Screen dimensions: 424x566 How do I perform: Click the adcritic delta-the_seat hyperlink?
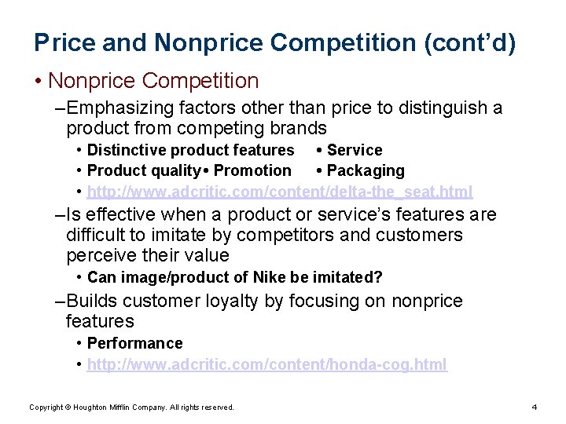coord(280,192)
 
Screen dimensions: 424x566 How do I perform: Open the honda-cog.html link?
coord(266,364)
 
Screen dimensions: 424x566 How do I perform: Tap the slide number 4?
coord(534,407)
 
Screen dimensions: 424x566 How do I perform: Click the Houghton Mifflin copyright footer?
coord(131,407)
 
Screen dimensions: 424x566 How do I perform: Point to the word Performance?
coord(134,343)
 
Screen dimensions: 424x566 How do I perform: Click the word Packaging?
coord(366,170)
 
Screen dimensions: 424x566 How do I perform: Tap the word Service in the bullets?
coord(355,150)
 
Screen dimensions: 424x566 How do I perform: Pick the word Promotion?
coord(252,170)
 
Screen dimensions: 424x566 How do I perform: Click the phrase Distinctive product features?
coord(190,150)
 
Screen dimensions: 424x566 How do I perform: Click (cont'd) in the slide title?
coord(470,42)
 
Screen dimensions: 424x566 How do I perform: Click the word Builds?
coord(94,301)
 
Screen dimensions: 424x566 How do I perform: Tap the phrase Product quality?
coord(144,170)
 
